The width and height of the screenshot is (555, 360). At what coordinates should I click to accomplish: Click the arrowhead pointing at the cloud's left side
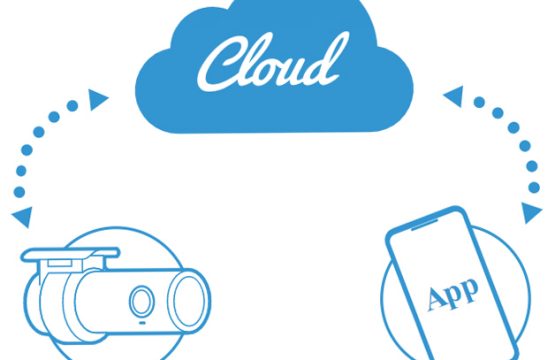click(x=98, y=98)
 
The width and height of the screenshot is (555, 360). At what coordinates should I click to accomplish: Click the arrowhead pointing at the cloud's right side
click(x=451, y=97)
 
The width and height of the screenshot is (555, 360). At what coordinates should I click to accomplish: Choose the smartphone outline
click(x=449, y=285)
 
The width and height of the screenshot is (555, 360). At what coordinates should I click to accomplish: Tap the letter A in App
click(x=435, y=299)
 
